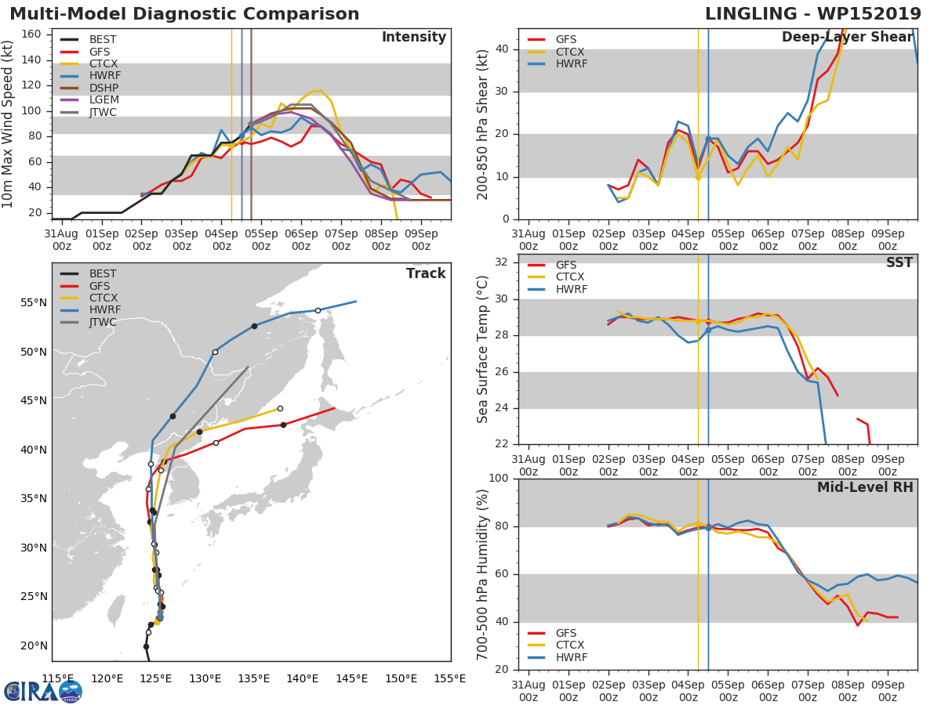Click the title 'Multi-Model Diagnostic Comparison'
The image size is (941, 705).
coord(184,14)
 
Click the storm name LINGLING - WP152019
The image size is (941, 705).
coord(812,14)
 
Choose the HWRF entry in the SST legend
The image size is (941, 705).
coord(571,290)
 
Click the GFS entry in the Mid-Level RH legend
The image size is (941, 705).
coord(571,633)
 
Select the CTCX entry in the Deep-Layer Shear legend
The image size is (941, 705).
coord(571,52)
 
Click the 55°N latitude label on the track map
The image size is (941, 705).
coord(34,303)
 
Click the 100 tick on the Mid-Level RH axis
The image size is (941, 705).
coord(499,479)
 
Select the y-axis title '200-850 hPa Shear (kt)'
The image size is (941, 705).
coord(483,124)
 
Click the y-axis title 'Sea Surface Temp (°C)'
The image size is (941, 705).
coord(483,349)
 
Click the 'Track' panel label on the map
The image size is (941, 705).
coord(426,274)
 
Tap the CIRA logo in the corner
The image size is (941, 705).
coord(42,691)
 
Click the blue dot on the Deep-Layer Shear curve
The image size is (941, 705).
coord(708,139)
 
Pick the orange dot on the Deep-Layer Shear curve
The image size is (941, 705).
coord(698,177)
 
